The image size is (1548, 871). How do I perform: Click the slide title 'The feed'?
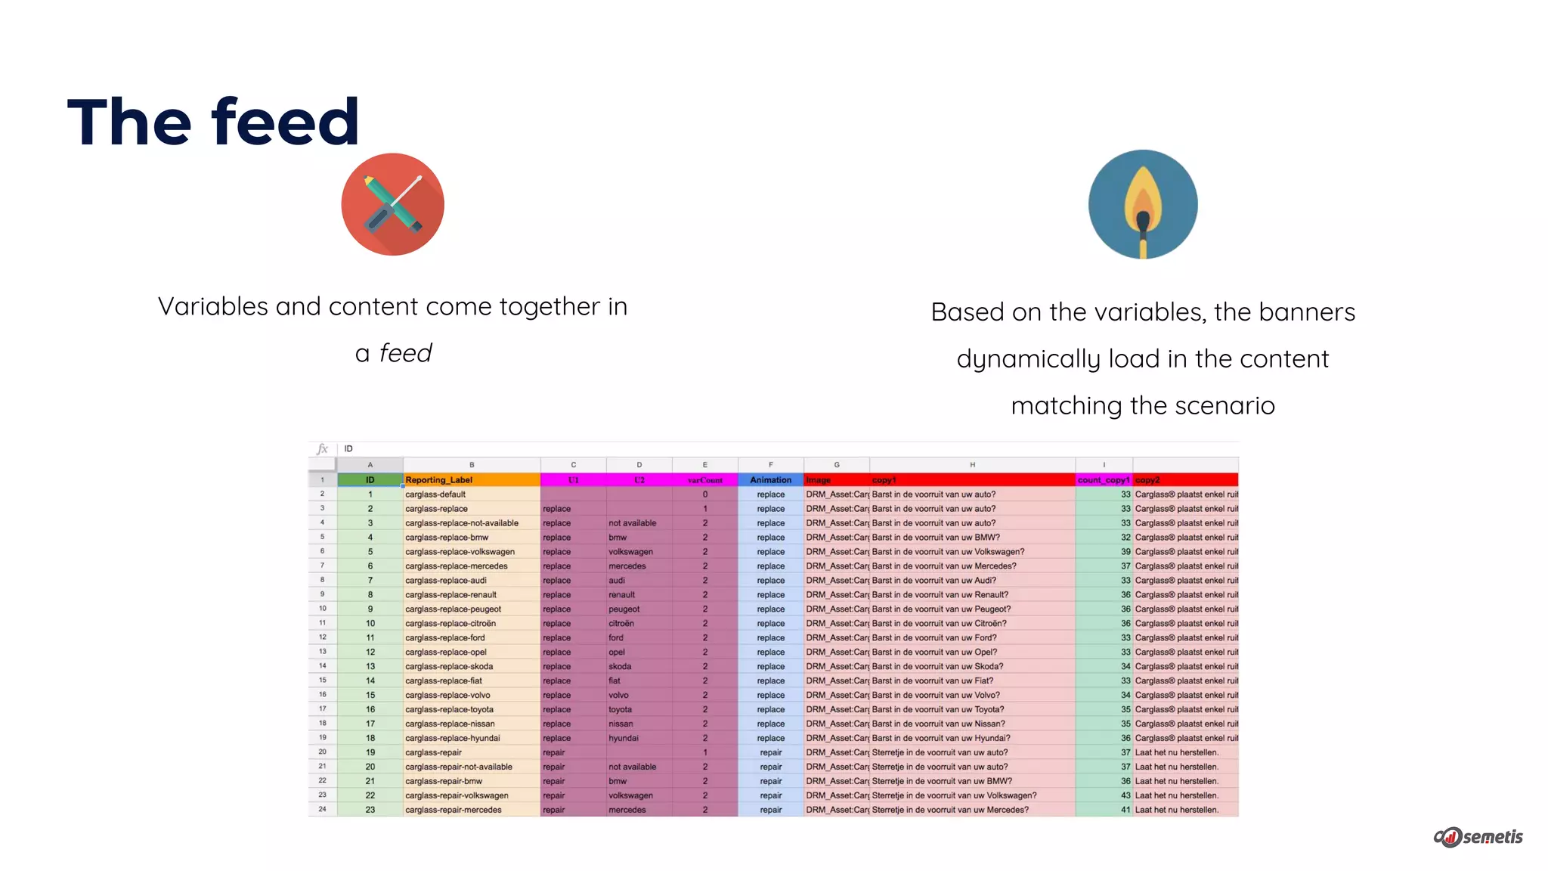[213, 122]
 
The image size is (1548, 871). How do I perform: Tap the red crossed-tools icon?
[392, 204]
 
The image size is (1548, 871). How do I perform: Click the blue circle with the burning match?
[1143, 204]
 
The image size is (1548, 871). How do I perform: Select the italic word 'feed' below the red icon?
[405, 353]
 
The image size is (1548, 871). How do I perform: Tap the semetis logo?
[1478, 836]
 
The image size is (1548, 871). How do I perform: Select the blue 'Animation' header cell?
[770, 480]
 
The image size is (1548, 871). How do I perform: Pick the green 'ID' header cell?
[370, 480]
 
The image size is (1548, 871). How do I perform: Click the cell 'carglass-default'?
[435, 494]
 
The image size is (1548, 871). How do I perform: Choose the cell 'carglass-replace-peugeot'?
[453, 609]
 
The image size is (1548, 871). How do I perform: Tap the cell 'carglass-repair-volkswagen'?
[457, 795]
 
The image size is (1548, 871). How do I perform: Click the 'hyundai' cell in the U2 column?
[624, 738]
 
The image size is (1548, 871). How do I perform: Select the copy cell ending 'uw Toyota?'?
[938, 709]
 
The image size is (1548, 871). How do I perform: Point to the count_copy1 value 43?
[1125, 795]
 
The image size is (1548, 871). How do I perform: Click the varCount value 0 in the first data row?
[704, 494]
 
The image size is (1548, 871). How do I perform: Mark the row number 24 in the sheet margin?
[322, 810]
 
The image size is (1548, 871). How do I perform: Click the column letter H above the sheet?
[972, 465]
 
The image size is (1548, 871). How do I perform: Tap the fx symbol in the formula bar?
[323, 449]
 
